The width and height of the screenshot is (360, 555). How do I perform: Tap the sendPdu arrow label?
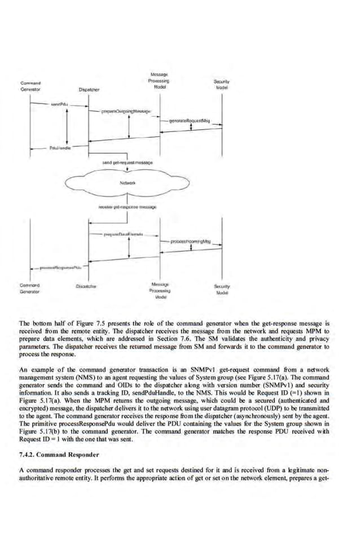59,104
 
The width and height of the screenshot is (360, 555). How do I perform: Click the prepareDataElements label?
122,233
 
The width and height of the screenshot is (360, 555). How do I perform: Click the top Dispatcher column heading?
89,89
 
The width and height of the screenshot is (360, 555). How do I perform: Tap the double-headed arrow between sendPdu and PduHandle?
68,125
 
